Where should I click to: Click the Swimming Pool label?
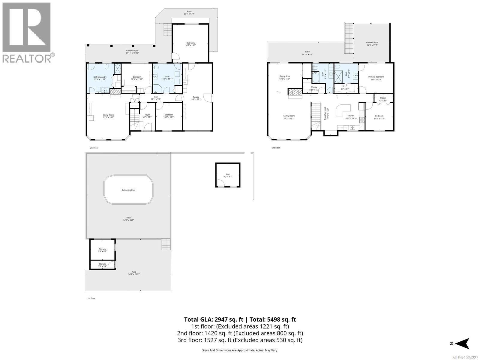pyautogui.click(x=128, y=190)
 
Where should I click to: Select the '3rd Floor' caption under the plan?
pyautogui.click(x=276, y=148)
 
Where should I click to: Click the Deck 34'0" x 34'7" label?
pyautogui.click(x=128, y=219)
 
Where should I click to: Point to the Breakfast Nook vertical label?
pyautogui.click(x=325, y=113)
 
